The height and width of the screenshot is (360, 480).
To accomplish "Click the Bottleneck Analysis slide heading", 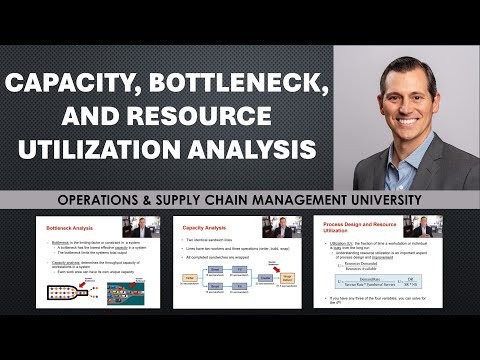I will click(x=72, y=229).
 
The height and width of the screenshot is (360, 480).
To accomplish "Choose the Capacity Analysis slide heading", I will click(x=204, y=229).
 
